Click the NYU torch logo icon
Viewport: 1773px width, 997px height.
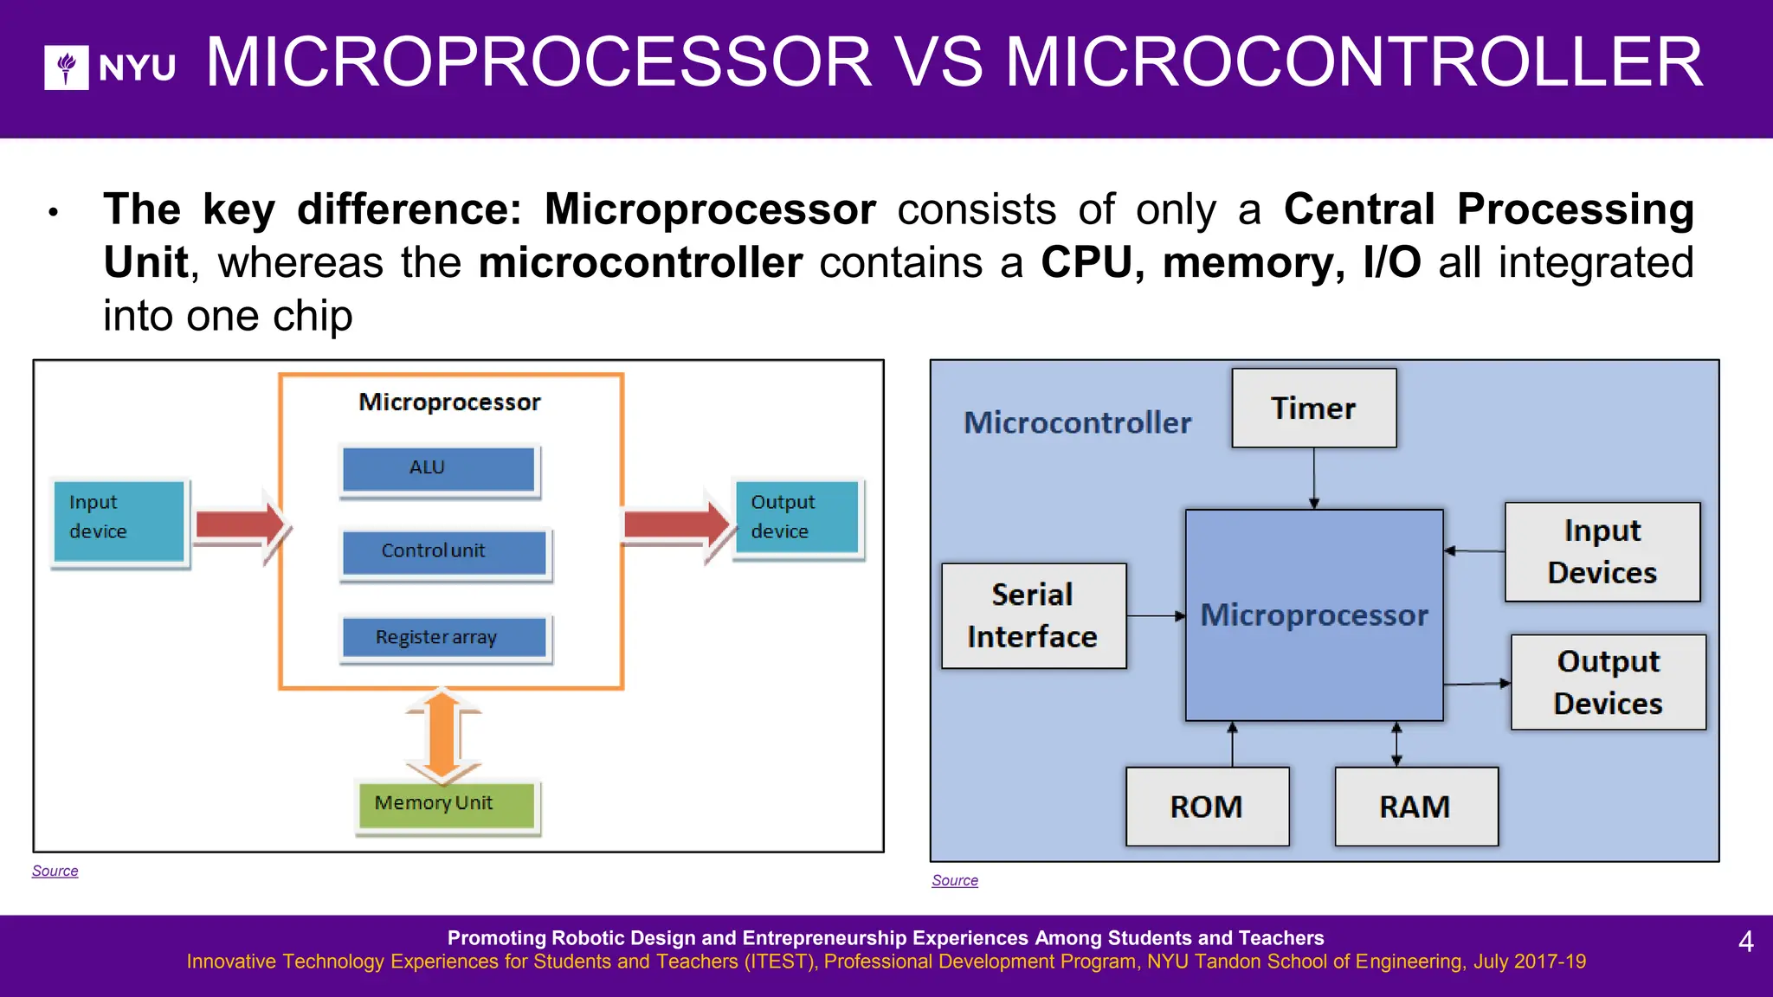[x=66, y=68]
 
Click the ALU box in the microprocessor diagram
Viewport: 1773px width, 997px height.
[x=439, y=468]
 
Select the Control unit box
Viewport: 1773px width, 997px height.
[x=444, y=552]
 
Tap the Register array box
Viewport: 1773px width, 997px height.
[x=444, y=638]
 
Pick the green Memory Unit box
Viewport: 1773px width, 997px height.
[x=447, y=805]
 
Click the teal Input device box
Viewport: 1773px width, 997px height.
[x=119, y=520]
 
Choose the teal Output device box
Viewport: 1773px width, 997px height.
[x=796, y=518]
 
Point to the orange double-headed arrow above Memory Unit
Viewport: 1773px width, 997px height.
[x=442, y=734]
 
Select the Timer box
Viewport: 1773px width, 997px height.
[x=1313, y=408]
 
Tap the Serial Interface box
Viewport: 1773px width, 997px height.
[x=1033, y=616]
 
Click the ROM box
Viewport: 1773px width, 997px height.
[x=1207, y=807]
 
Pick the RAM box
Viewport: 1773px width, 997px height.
[x=1415, y=807]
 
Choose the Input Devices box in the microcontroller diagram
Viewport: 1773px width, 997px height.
[x=1602, y=552]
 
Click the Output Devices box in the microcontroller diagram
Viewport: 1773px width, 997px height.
[x=1608, y=683]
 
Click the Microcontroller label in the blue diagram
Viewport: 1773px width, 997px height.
[x=1078, y=423]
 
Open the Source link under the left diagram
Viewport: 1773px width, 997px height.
[x=55, y=871]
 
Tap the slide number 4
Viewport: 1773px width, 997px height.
[x=1745, y=942]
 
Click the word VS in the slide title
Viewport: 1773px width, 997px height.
[x=938, y=63]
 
